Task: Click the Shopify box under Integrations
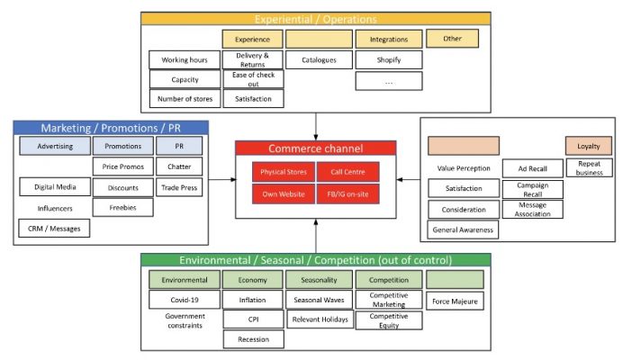383,60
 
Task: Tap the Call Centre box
348,171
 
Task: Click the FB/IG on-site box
348,193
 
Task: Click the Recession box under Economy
253,338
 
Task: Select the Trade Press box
179,187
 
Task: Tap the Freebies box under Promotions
122,207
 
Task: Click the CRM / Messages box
54,229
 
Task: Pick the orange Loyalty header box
589,146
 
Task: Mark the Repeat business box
589,167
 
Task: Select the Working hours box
185,60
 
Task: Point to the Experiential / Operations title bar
315,18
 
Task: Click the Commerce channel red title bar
316,148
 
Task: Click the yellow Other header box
452,39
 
